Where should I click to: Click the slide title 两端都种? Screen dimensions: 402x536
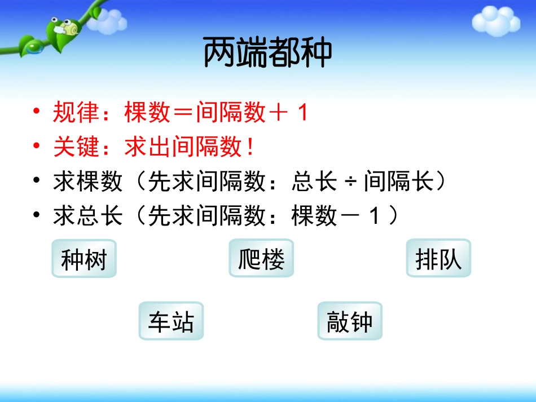click(267, 53)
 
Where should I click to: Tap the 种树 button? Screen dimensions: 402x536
click(84, 259)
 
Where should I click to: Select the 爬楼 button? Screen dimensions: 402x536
click(261, 259)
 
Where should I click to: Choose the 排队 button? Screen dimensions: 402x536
click(438, 259)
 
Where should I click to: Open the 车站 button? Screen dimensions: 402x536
click(171, 321)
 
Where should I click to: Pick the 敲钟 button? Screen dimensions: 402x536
click(350, 321)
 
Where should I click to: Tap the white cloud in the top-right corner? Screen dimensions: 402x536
click(495, 21)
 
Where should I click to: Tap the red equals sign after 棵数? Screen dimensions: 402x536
click(183, 113)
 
